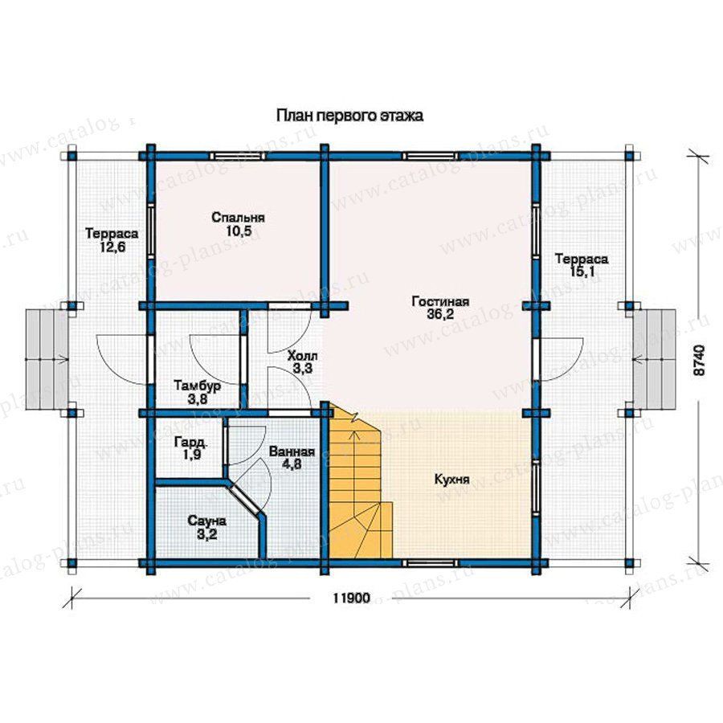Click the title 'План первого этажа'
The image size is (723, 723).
[x=349, y=115]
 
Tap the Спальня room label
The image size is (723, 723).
[x=238, y=217]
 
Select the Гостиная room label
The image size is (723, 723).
[x=440, y=301]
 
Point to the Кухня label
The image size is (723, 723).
[x=451, y=480]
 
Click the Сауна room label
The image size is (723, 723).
[x=207, y=521]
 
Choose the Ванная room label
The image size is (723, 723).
[x=292, y=451]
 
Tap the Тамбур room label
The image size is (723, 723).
[x=198, y=385]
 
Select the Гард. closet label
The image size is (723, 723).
[x=191, y=443]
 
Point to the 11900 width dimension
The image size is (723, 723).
[x=351, y=598]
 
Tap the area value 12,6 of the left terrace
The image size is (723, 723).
[x=112, y=247]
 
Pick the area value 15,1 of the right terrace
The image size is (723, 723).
[x=582, y=272]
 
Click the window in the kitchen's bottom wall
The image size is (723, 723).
[x=431, y=563]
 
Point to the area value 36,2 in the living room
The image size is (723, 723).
[x=440, y=314]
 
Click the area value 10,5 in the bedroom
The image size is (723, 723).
[x=239, y=231]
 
